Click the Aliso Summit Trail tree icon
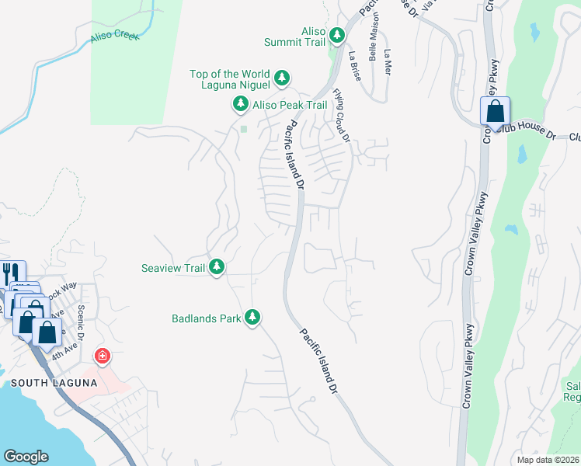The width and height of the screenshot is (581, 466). tap(337, 35)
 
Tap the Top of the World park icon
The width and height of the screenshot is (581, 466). tap(282, 78)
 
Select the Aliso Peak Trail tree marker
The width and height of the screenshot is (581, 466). tap(241, 104)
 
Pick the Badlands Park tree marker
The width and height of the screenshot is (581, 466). tap(252, 318)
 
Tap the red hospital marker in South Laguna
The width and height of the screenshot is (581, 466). tap(102, 357)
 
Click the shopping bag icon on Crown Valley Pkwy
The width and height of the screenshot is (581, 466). tap(495, 112)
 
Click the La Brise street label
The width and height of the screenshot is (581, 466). tap(356, 67)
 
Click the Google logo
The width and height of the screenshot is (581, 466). tap(26, 457)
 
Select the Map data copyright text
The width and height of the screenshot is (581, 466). tap(548, 460)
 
